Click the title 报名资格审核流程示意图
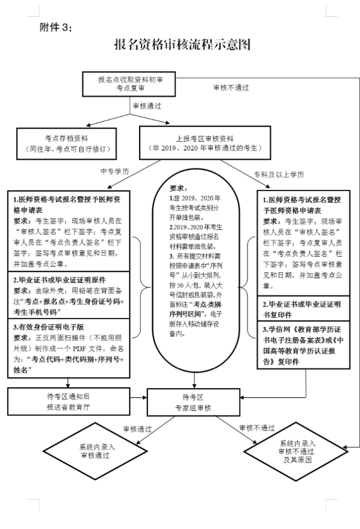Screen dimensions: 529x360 tap(182, 44)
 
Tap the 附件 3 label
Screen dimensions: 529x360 tap(53, 27)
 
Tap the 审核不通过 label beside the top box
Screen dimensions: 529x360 tap(231, 87)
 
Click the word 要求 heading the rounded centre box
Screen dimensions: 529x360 tap(178, 188)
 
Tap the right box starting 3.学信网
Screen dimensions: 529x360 tap(303, 346)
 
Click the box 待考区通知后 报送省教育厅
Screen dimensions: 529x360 tap(69, 402)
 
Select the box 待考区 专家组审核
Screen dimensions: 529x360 tap(193, 402)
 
